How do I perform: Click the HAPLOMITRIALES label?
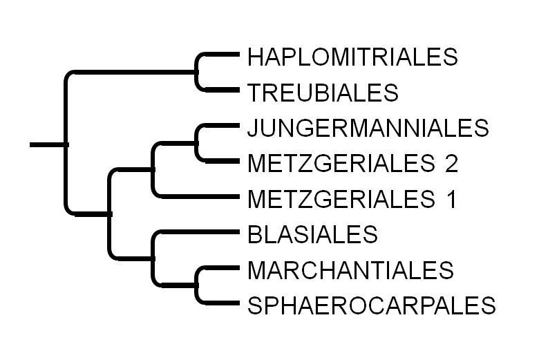coord(352,56)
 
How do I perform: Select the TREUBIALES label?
coord(322,91)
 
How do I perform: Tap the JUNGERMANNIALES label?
coord(368,128)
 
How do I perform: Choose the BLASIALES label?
coord(312,235)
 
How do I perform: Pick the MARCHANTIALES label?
coord(350,269)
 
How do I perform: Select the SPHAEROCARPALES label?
coord(371,305)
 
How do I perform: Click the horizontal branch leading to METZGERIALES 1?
coord(197,196)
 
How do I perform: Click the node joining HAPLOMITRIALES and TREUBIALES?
coord(198,72)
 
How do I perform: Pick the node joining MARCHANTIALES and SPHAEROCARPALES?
coord(198,285)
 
